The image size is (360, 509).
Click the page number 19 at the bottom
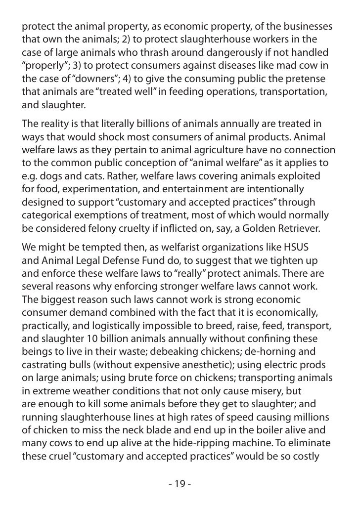tap(180, 483)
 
